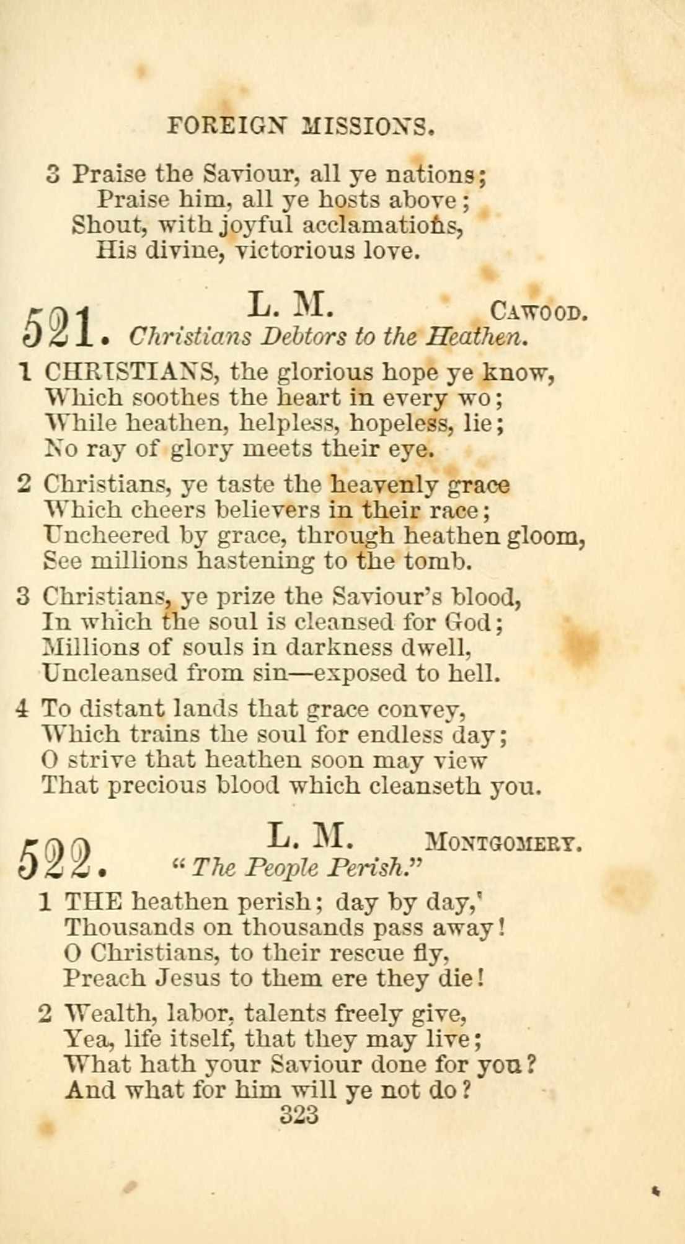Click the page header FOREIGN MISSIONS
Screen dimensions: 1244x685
pos(301,127)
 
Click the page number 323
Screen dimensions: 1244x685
pos(299,1115)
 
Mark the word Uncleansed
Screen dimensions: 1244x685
pos(109,673)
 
